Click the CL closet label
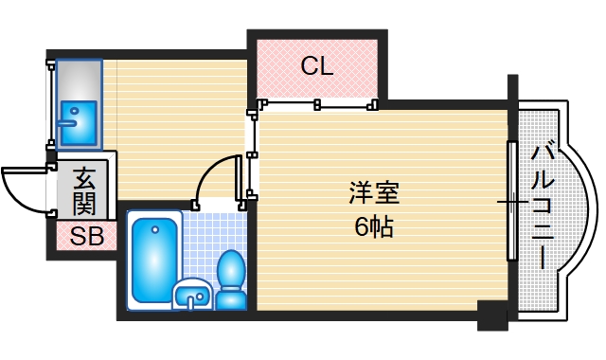pos(316,66)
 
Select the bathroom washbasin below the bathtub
pos(195,296)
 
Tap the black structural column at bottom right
pos(492,315)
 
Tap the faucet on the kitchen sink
pos(68,120)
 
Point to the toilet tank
pos(230,264)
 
